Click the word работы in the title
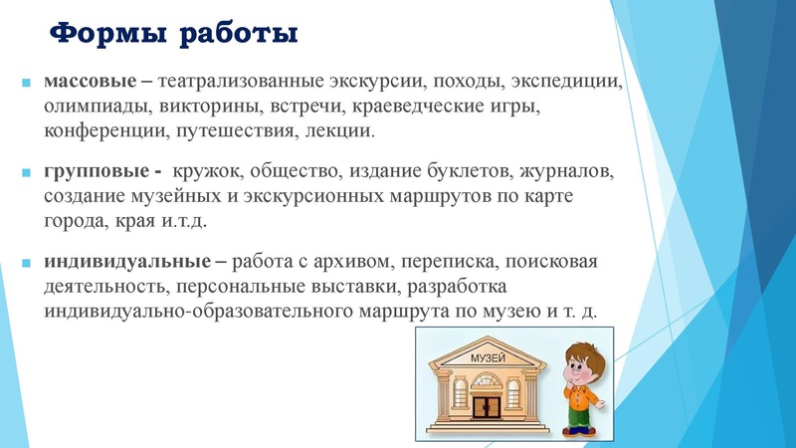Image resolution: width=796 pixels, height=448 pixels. click(x=239, y=36)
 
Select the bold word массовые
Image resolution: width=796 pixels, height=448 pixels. click(x=85, y=81)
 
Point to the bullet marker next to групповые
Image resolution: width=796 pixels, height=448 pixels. click(x=26, y=173)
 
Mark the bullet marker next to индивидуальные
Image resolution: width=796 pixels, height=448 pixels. click(x=26, y=265)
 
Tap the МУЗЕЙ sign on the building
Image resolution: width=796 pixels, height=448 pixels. click(x=485, y=357)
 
